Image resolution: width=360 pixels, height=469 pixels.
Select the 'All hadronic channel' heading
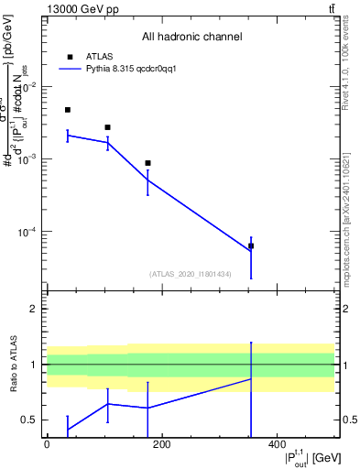[191, 38]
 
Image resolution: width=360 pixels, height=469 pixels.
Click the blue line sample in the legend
[71, 68]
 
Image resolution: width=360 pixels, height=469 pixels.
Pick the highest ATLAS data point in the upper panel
[68, 110]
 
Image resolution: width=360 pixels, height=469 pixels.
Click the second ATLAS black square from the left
[107, 127]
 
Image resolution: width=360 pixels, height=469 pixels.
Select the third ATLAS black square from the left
[147, 163]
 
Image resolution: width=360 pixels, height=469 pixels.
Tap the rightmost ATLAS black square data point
[251, 245]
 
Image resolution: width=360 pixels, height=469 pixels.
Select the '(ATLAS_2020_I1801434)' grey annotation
[191, 274]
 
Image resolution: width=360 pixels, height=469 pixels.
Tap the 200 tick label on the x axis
[162, 446]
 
